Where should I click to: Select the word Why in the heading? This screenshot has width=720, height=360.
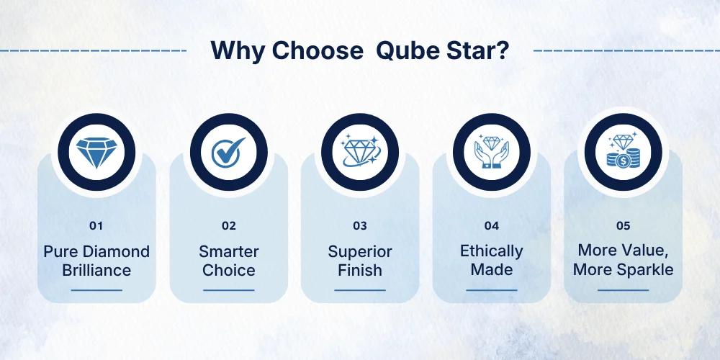(x=238, y=51)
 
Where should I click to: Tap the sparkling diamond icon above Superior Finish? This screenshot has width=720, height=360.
(x=360, y=150)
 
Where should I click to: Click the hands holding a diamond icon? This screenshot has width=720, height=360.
(x=492, y=151)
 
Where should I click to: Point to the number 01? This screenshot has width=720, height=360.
(x=96, y=226)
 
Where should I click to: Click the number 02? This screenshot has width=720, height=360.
(x=229, y=226)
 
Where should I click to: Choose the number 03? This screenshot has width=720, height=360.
(x=360, y=226)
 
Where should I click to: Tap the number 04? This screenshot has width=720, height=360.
(x=491, y=226)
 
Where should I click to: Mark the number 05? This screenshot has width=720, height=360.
(x=623, y=226)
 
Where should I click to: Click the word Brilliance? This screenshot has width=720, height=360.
(x=96, y=270)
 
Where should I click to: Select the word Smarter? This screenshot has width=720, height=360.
(x=229, y=251)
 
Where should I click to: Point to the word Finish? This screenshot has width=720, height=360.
(x=360, y=270)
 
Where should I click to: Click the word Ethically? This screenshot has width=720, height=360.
(x=491, y=251)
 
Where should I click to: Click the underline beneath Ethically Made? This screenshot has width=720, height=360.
(x=491, y=290)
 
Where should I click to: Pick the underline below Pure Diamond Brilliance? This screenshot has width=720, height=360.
(x=96, y=290)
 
